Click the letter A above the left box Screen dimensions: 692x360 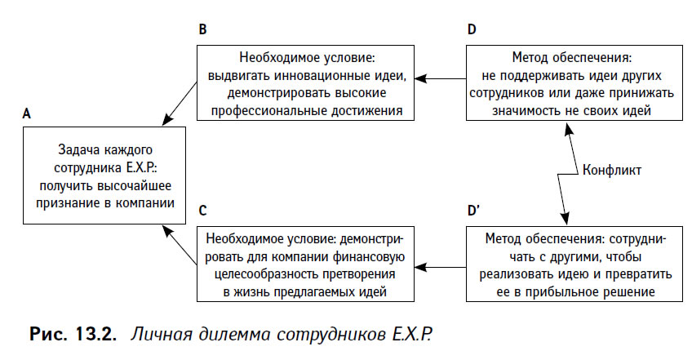pyautogui.click(x=27, y=114)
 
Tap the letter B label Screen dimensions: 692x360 pyautogui.click(x=202, y=29)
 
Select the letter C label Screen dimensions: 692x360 pyautogui.click(x=202, y=211)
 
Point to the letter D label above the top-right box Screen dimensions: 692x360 pyautogui.click(x=472, y=29)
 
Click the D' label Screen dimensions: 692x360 pyautogui.click(x=473, y=211)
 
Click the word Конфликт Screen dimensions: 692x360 pyautogui.click(x=612, y=170)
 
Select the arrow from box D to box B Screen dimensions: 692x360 pyautogui.click(x=441, y=78)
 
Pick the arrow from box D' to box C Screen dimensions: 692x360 pyautogui.click(x=441, y=267)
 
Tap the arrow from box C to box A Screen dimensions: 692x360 pyautogui.click(x=180, y=245)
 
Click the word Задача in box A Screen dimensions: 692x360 pyautogui.click(x=77, y=150)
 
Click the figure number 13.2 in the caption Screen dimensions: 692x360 pyautogui.click(x=95, y=334)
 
